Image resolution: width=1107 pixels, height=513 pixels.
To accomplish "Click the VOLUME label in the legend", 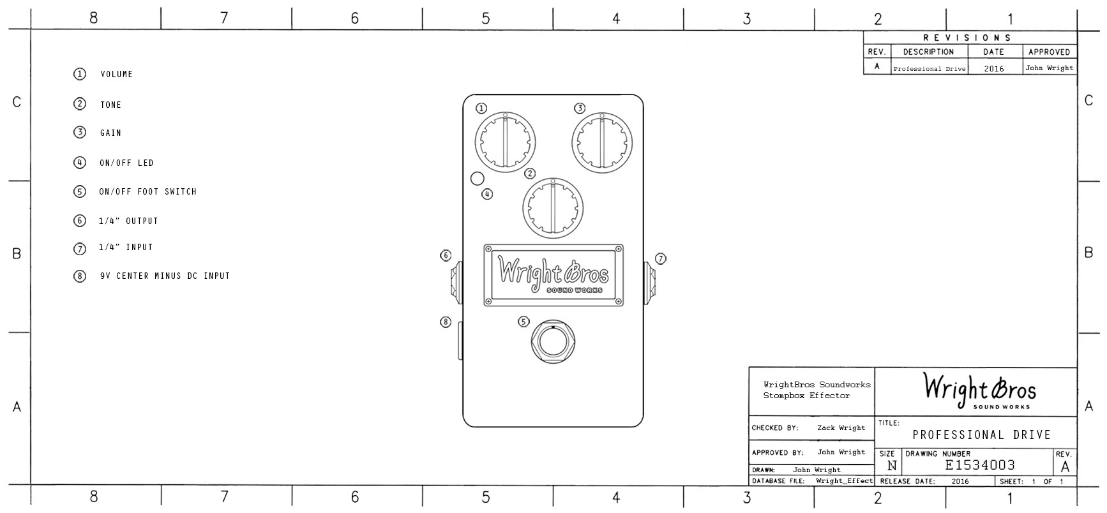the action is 117,75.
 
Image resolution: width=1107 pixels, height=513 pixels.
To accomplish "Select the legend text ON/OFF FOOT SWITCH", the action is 148,191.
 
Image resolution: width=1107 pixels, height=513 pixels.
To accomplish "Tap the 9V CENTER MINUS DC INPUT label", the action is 165,276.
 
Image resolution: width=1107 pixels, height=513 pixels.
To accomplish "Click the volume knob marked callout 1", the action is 505,142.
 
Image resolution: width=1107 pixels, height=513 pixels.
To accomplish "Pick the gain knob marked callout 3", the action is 602,142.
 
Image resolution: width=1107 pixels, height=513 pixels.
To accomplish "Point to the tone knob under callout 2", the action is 553,207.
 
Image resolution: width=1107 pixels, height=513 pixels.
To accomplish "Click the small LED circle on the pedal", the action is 477,179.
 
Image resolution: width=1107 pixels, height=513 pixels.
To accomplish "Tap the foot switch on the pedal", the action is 553,341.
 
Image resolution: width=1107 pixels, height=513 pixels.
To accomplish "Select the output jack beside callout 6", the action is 456,282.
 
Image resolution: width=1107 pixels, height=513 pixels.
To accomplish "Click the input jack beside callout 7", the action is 650,282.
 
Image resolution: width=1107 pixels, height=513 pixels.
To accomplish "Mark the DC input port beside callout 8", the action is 460,341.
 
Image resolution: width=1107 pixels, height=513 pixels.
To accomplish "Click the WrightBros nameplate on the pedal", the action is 553,275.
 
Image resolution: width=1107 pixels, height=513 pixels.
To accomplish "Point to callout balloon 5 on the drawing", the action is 523,322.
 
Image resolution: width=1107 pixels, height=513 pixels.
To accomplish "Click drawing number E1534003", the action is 980,465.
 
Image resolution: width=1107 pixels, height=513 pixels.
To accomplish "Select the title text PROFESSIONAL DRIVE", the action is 982,435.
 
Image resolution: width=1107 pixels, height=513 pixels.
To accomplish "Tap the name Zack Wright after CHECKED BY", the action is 841,428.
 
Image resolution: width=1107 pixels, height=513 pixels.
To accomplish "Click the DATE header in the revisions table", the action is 993,52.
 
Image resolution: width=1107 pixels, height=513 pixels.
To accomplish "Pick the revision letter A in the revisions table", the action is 877,66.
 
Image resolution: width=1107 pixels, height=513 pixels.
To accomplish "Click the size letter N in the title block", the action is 892,466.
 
